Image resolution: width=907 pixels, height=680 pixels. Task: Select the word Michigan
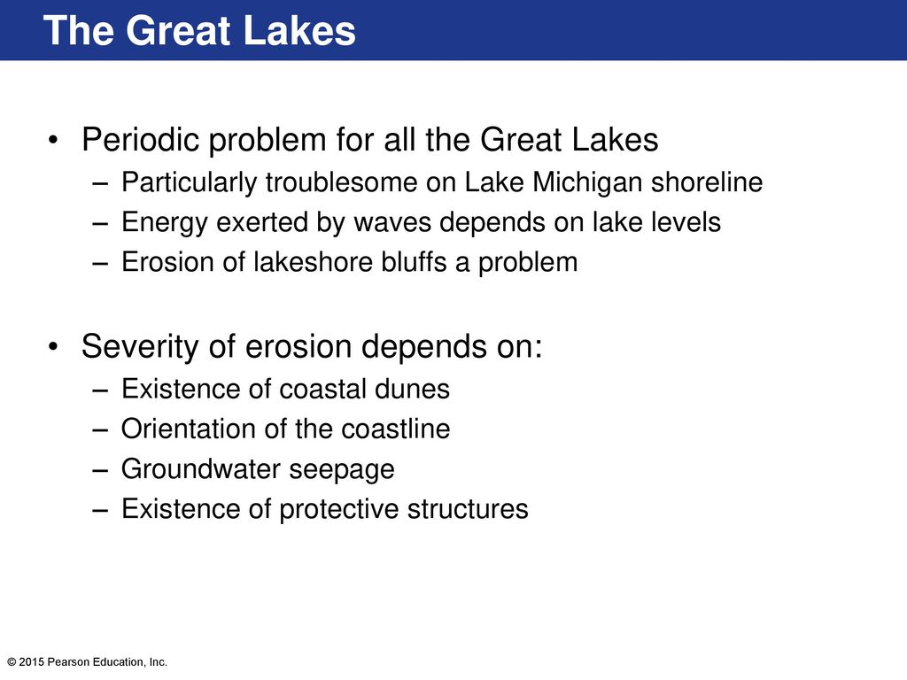click(587, 182)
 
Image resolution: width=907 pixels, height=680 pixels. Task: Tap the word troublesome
click(341, 182)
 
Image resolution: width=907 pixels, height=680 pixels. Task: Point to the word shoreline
click(707, 182)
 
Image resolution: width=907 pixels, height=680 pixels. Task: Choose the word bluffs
click(414, 262)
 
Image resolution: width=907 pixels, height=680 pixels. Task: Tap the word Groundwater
click(201, 469)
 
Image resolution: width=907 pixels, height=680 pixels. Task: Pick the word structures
click(468, 509)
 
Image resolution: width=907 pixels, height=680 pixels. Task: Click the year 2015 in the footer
click(31, 662)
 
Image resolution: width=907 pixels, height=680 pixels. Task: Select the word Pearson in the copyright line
click(66, 662)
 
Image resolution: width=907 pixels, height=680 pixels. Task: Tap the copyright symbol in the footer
click(12, 662)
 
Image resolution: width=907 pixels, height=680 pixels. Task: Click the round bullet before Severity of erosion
click(53, 347)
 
